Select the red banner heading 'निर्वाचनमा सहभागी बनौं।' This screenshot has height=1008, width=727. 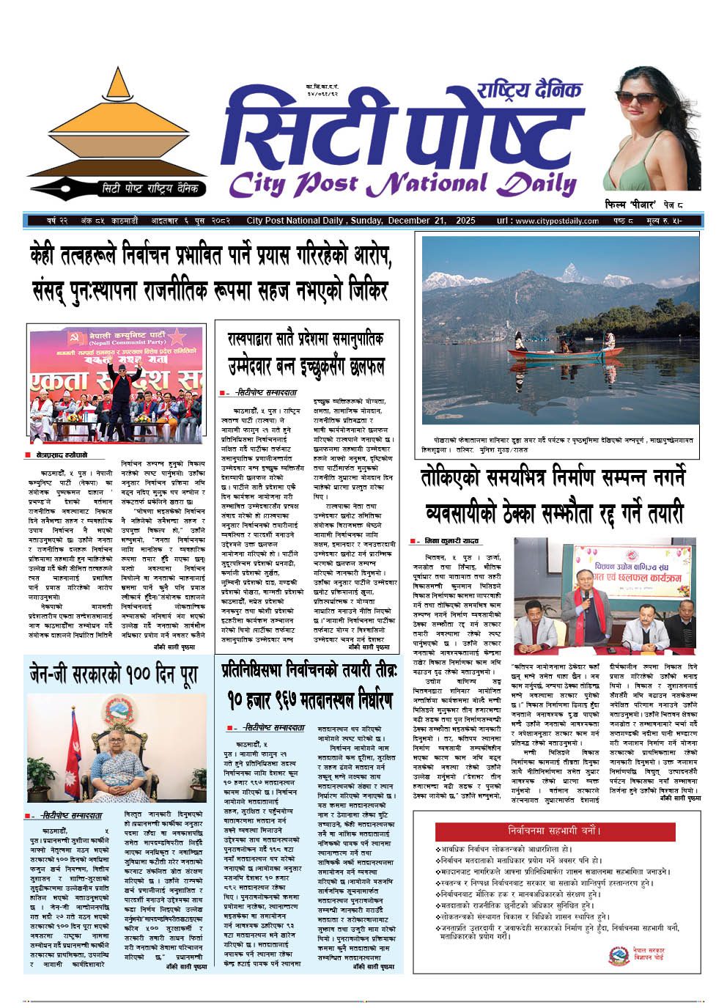(x=555, y=831)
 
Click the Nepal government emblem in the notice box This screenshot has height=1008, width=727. (x=619, y=955)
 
